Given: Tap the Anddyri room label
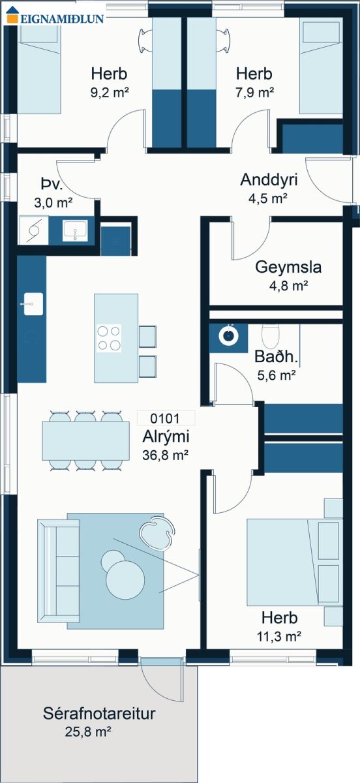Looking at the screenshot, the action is point(269,179).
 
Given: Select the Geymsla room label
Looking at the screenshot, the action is point(288,267).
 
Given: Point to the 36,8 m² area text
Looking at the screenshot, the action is point(165,455).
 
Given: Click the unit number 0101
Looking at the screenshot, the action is point(164,418).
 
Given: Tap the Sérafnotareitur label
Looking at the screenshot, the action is point(99,713).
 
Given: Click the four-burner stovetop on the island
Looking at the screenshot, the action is point(109,338).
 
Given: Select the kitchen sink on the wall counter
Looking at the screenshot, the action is point(33,304).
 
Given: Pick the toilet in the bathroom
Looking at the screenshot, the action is point(271,335).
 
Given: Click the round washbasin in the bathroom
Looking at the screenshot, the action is point(228,335).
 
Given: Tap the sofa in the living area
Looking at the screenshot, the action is point(58,571).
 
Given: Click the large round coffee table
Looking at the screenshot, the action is point(125,580).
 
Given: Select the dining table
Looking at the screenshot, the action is point(86,440).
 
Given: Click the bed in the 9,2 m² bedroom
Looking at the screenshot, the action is point(39,70).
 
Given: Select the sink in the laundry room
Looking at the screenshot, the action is point(75,230).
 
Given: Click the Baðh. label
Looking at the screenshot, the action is point(276,356).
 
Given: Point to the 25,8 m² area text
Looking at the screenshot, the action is point(88,731).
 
